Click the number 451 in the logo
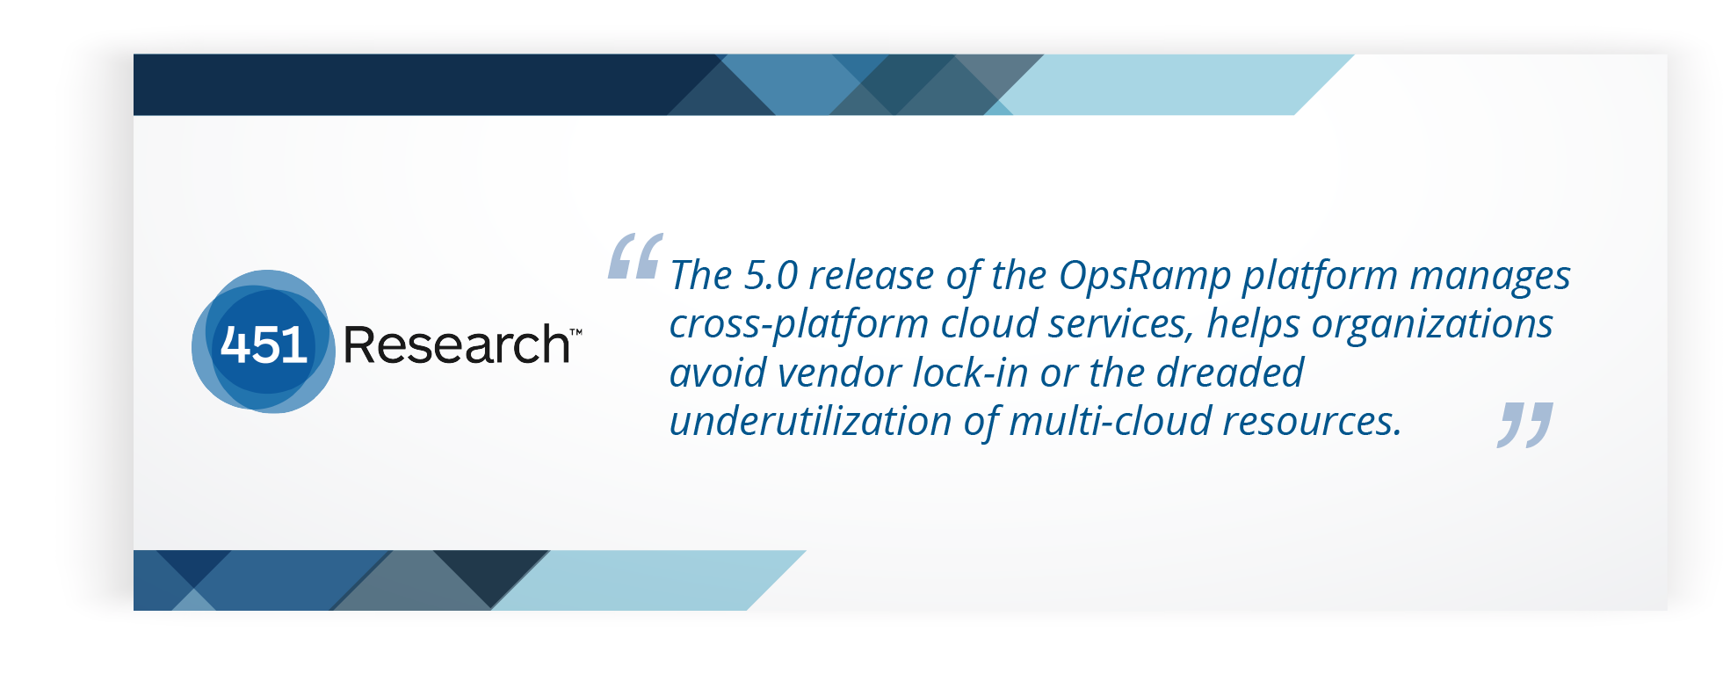pyautogui.click(x=264, y=344)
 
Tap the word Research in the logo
pyautogui.click(x=457, y=344)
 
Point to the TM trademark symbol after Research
pyautogui.click(x=576, y=332)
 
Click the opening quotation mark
pyautogui.click(x=635, y=256)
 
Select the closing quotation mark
pyautogui.click(x=1525, y=425)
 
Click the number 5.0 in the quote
pyautogui.click(x=771, y=275)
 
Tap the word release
pyautogui.click(x=871, y=275)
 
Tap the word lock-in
pyautogui.click(x=970, y=373)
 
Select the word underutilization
pyautogui.click(x=811, y=421)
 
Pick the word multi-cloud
pyautogui.click(x=1110, y=421)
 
